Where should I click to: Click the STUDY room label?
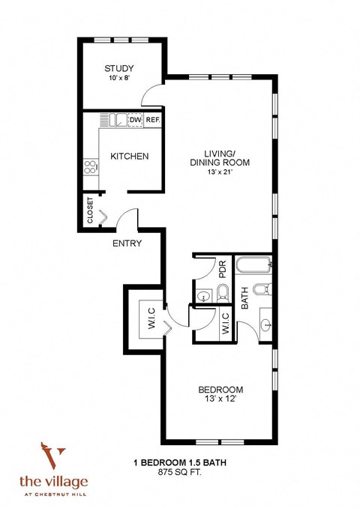click(118, 69)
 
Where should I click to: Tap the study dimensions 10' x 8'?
click(118, 79)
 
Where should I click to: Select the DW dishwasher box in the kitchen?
click(135, 120)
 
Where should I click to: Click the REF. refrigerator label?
click(153, 120)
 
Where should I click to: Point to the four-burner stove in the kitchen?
click(91, 166)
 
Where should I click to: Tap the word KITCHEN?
click(129, 157)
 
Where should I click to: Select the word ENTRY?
click(127, 243)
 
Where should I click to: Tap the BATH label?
click(245, 300)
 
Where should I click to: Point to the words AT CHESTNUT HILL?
click(54, 492)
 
